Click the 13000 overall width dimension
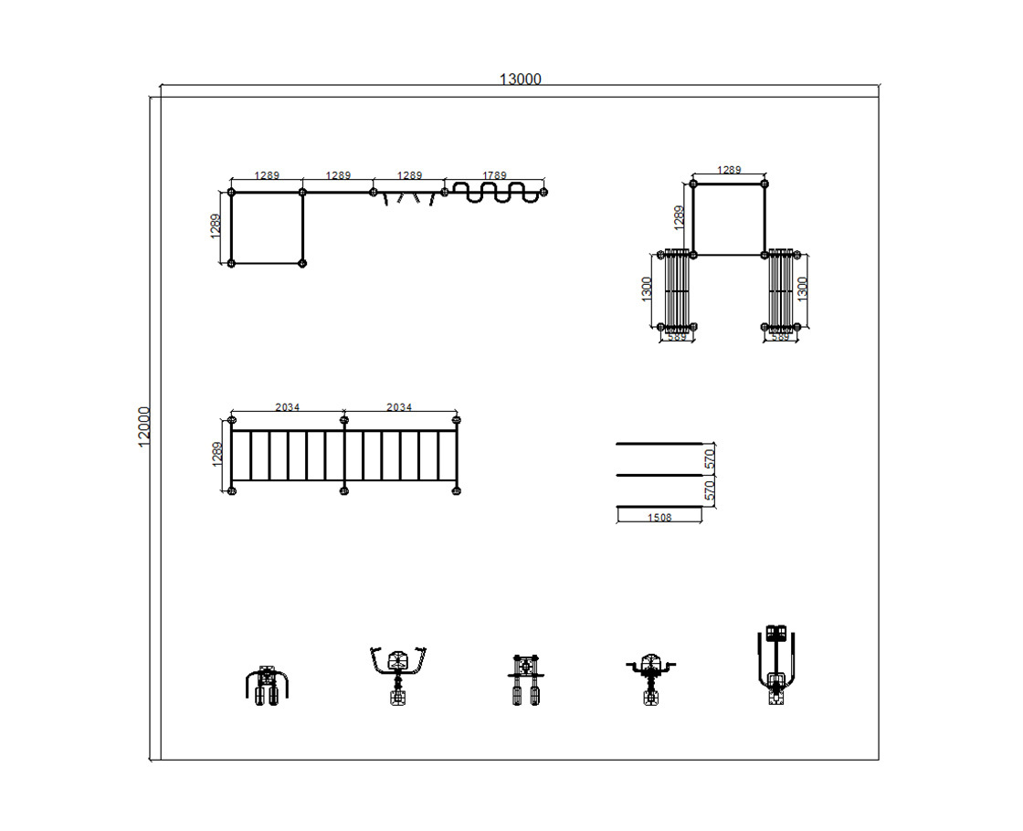click(x=520, y=79)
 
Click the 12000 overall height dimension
click(x=144, y=427)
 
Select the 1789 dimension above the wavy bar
click(x=494, y=174)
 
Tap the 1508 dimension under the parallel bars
click(x=659, y=517)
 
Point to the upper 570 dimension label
click(x=710, y=460)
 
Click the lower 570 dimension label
click(x=710, y=490)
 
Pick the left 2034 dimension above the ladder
click(x=287, y=407)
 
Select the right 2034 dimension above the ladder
click(x=398, y=407)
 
